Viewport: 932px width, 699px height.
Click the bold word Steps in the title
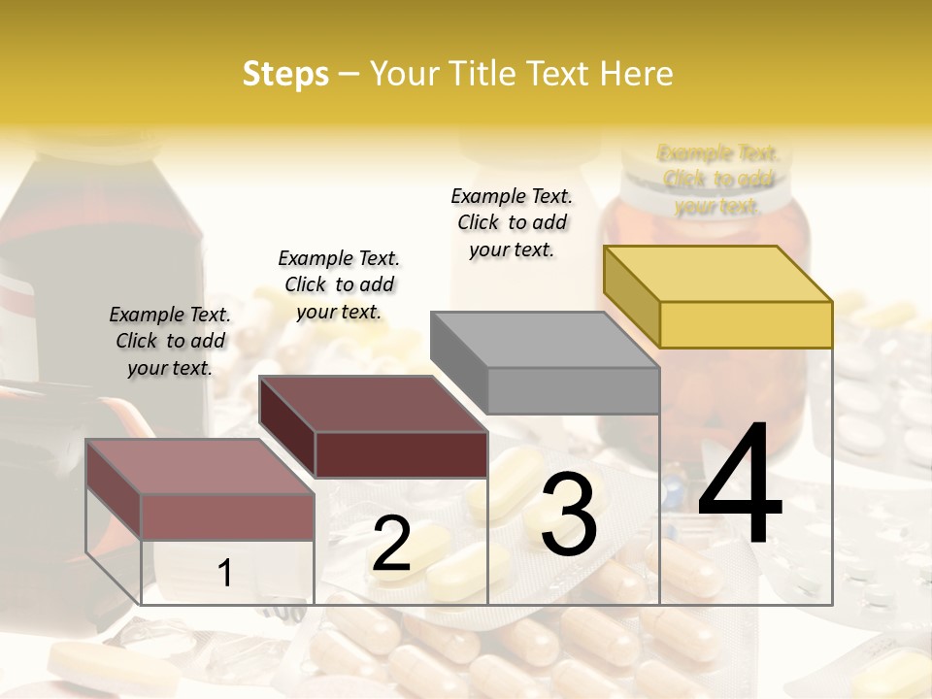285,74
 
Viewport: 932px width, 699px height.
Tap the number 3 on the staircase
568,515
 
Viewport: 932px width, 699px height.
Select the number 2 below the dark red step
391,544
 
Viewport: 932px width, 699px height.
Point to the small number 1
225,574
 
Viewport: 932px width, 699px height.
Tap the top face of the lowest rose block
200,466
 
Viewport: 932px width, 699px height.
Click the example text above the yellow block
718,180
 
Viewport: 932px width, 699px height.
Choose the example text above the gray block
512,222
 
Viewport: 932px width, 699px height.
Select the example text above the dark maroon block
339,284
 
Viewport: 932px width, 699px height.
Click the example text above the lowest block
170,341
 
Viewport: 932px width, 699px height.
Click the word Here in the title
636,74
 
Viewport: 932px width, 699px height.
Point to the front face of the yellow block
746,324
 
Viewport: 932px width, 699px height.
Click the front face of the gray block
573,390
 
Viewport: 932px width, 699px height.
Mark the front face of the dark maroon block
401,454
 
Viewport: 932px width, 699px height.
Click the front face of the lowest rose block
227,516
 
